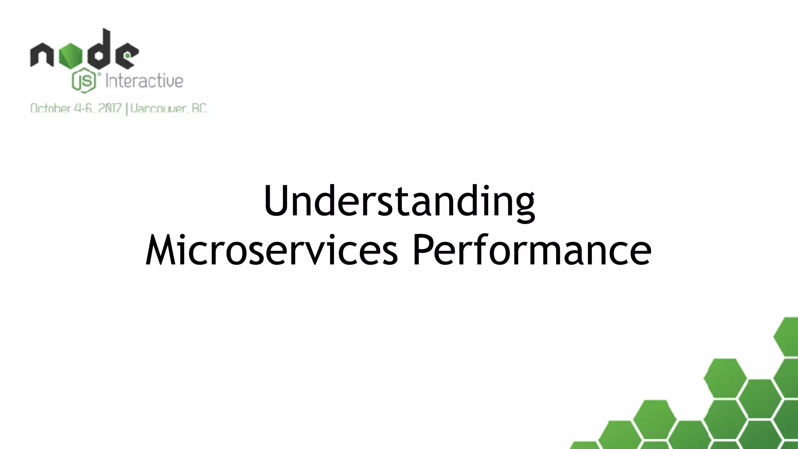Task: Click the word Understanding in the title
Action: point(399,202)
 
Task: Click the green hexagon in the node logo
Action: point(71,55)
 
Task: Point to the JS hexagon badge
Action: point(84,81)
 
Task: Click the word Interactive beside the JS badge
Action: point(144,81)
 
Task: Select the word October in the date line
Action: point(50,108)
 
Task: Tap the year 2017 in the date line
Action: point(110,108)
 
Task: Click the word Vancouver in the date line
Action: point(158,108)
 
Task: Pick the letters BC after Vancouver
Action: point(199,108)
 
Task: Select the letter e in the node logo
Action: point(127,56)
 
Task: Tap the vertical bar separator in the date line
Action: point(126,108)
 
